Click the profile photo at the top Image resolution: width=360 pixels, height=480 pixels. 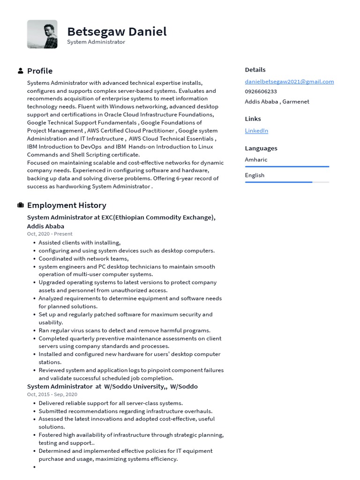42,34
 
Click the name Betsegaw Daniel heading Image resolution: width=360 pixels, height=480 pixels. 117,32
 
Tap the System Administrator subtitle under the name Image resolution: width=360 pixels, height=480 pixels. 96,42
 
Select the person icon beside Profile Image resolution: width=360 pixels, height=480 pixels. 21,71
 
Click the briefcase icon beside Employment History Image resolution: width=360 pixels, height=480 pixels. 21,205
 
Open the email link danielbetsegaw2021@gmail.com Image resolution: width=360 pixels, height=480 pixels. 289,82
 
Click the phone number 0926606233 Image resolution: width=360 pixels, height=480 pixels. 261,91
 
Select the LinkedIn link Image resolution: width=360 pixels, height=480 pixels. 256,131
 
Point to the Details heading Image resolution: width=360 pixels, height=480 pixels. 255,70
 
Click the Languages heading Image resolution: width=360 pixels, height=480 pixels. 261,148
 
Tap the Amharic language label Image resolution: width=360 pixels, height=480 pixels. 256,160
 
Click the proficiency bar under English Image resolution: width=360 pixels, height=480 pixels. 287,182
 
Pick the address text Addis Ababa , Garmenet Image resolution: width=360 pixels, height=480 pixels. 277,102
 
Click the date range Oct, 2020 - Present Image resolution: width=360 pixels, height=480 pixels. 50,234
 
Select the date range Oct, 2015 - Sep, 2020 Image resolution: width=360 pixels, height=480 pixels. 52,395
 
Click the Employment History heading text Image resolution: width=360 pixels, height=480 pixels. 67,205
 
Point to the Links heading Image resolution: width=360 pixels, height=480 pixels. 253,119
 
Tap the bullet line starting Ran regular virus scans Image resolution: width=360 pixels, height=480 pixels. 124,330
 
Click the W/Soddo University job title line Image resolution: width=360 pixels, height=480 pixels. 112,387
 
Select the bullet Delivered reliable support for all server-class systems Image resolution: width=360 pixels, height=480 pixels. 111,403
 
